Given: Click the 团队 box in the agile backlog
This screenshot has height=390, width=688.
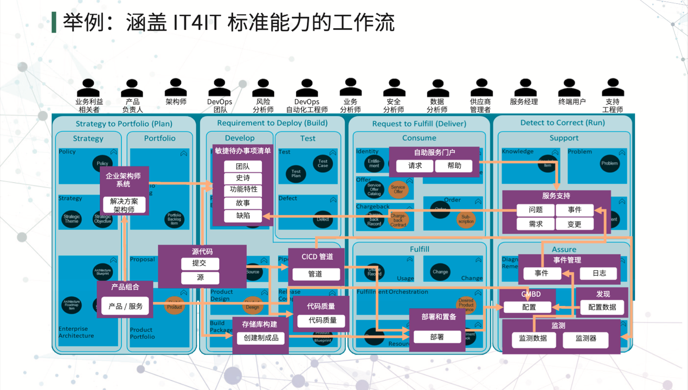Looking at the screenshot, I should (243, 167).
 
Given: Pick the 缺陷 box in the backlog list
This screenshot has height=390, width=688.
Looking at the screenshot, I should (243, 215).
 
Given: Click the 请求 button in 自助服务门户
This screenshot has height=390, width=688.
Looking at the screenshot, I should (415, 166).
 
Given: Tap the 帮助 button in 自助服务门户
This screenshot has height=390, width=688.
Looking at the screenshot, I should (454, 166).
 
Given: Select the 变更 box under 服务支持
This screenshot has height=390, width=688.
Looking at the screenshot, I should (574, 224).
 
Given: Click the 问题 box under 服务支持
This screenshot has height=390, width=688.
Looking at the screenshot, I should (535, 210).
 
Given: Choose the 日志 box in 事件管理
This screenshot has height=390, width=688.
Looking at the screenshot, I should (599, 273).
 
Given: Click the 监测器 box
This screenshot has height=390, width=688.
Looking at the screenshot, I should (586, 338).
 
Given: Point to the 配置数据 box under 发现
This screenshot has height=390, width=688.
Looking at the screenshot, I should (602, 307).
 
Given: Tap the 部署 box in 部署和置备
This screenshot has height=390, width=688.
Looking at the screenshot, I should (437, 337).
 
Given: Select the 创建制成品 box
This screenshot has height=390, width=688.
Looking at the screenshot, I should (261, 338).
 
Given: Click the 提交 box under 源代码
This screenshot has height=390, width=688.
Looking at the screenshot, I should (200, 263).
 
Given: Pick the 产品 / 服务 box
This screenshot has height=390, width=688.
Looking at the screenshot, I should (125, 306).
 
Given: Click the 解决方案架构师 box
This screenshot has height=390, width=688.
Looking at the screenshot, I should (124, 205).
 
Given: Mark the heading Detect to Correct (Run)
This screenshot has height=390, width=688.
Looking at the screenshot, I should (563, 123).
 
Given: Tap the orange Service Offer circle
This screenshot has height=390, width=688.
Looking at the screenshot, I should (398, 189).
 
